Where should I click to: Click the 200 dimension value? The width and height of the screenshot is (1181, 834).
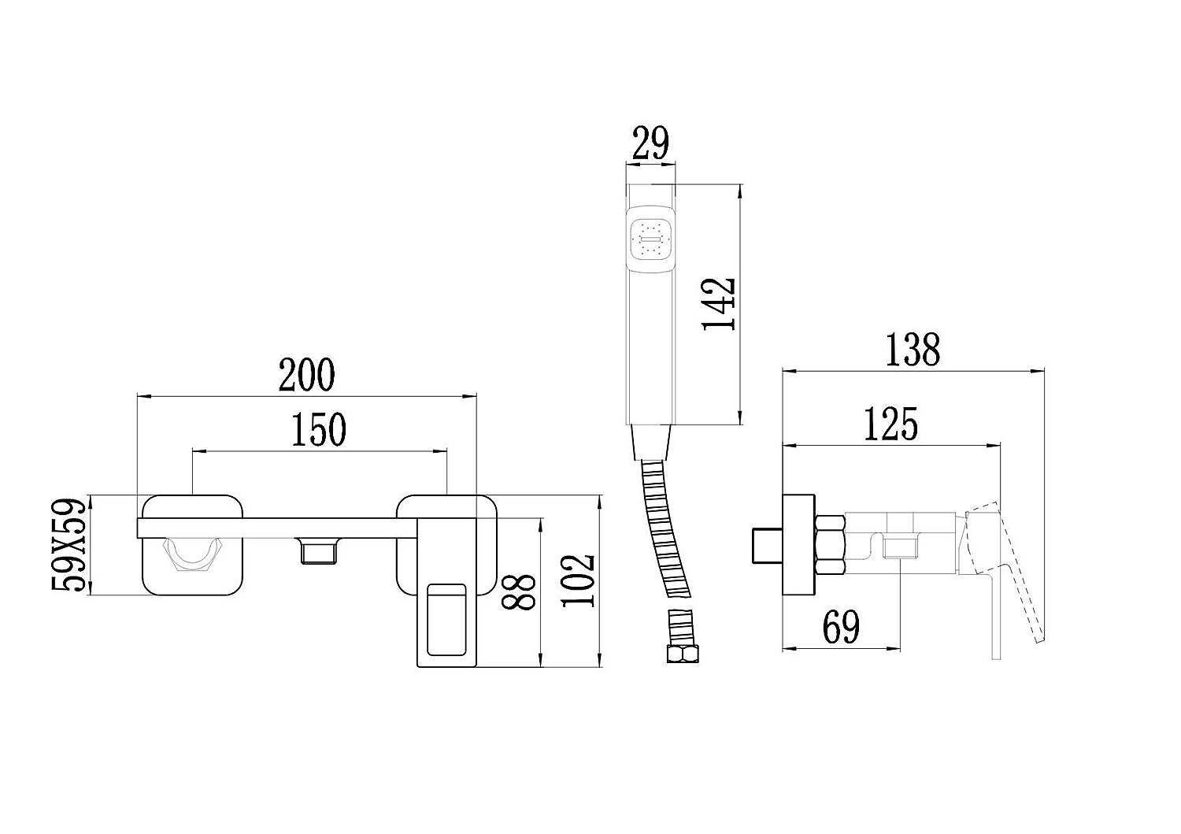(306, 375)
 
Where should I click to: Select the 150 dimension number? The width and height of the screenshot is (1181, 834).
(319, 429)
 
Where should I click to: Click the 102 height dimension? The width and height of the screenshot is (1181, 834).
(578, 580)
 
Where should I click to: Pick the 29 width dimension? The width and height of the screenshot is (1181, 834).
(650, 143)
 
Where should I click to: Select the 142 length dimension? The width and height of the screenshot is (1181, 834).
(719, 304)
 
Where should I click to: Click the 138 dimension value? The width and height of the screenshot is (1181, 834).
(912, 350)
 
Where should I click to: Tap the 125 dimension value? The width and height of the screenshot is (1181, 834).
(890, 424)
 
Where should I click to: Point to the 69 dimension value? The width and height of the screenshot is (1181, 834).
(841, 627)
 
